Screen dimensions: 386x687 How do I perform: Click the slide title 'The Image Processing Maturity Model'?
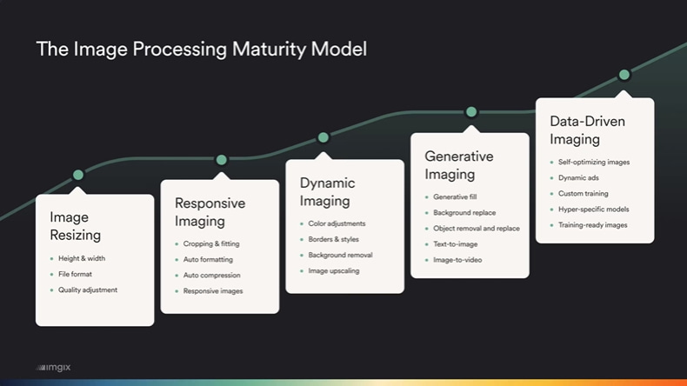coord(201,49)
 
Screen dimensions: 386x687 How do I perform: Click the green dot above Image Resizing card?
coord(78,175)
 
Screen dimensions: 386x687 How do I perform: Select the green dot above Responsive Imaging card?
coord(221,160)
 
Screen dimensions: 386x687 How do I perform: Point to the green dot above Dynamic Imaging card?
coord(323,137)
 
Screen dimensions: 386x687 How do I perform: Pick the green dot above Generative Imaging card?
coord(471,111)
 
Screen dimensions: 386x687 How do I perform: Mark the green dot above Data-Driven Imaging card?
coord(624,76)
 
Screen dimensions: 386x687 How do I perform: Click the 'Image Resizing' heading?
coord(76,226)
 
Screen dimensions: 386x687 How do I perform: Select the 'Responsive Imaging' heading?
coord(210,212)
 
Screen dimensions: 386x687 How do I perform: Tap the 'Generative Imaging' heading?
coord(458,165)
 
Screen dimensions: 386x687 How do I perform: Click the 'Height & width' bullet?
coord(82,258)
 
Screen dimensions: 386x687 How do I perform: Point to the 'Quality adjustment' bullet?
coord(87,289)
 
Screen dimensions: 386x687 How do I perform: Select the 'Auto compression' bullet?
coord(213,275)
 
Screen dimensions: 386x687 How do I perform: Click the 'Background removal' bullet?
coord(340,255)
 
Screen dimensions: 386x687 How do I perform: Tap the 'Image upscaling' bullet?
coord(333,270)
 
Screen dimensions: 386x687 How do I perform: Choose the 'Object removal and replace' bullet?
coord(476,229)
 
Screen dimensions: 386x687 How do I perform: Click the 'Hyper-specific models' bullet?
coord(594,210)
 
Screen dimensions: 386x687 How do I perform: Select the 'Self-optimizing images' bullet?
coord(595,162)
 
